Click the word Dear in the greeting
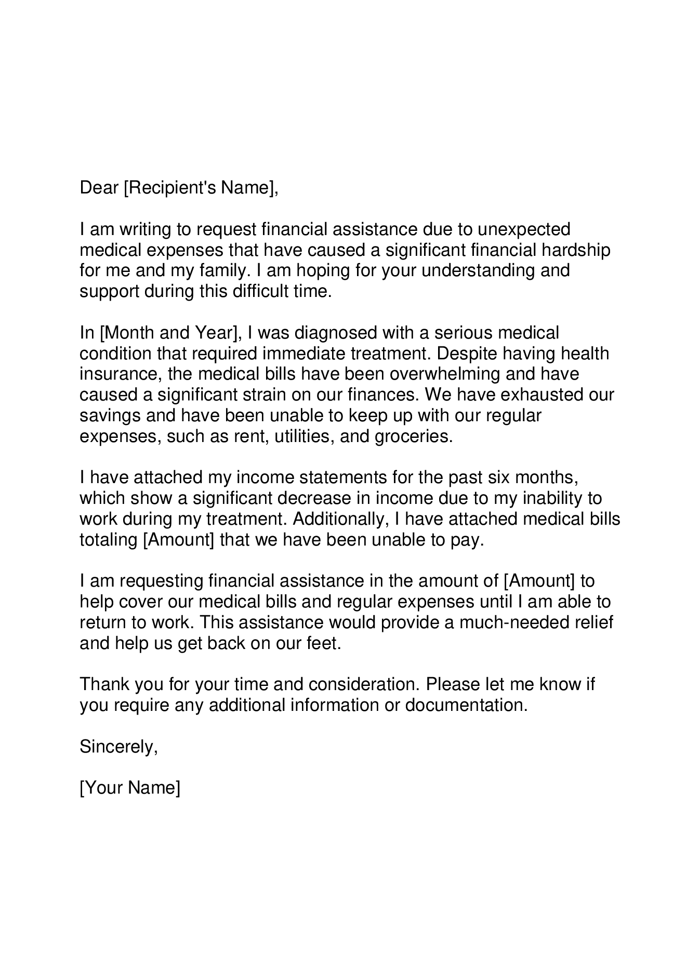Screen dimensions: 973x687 99,188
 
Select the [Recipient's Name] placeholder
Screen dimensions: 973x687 201,188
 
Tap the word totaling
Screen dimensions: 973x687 108,540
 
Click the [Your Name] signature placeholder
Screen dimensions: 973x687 130,788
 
